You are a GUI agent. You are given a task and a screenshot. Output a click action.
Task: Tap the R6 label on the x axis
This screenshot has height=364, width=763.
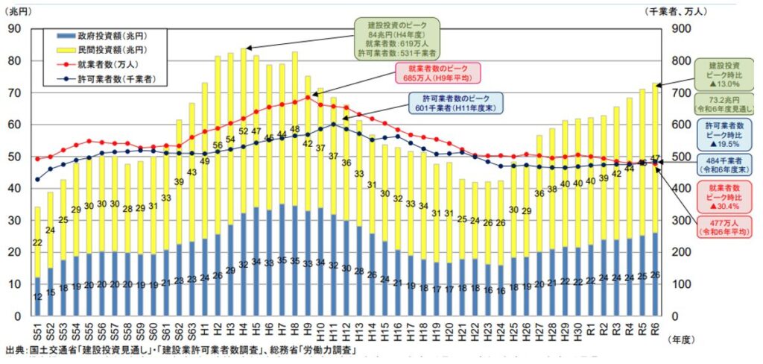click(x=655, y=329)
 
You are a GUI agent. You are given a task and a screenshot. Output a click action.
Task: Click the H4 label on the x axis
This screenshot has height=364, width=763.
click(x=244, y=329)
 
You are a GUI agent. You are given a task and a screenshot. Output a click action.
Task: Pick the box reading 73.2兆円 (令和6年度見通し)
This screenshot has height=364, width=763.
click(x=726, y=104)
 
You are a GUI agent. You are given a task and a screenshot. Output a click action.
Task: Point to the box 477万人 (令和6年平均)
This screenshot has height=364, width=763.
click(x=726, y=229)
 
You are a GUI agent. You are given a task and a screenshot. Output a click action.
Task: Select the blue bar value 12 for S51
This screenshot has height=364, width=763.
click(x=37, y=297)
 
